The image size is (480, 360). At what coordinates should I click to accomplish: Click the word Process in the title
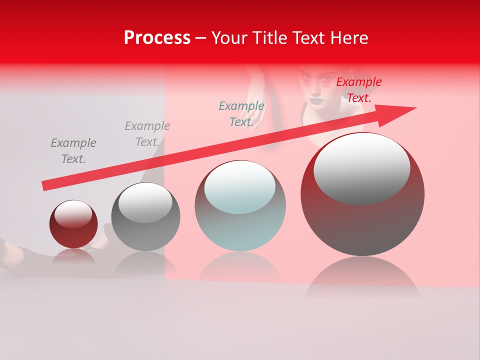[157, 38]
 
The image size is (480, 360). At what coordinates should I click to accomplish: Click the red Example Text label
[358, 90]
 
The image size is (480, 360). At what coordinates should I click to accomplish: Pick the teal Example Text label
[241, 114]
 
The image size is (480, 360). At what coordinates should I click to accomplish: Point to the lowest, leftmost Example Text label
[73, 151]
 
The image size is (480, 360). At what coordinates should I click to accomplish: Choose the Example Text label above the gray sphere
[147, 134]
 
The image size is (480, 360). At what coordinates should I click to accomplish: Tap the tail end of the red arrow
[46, 185]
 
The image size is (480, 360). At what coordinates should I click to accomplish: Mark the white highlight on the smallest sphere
[73, 214]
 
